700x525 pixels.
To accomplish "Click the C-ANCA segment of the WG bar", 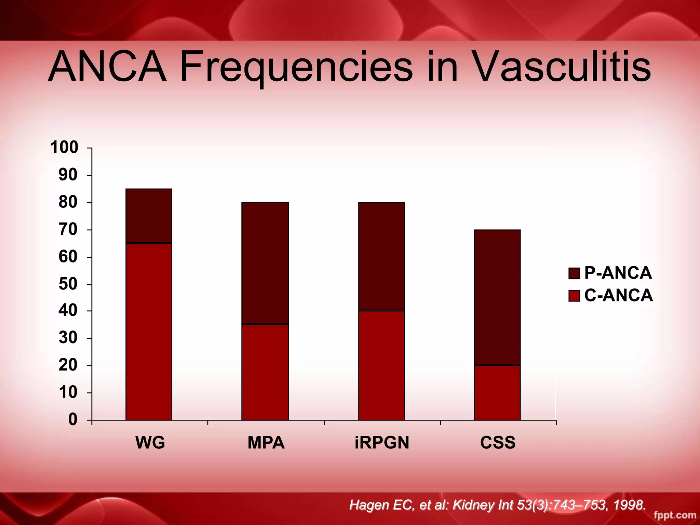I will [x=149, y=331].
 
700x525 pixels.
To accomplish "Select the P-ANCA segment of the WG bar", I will [x=149, y=216].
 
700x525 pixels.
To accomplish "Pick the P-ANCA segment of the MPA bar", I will [x=265, y=263].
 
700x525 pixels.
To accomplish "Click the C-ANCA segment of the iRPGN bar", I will [x=381, y=365].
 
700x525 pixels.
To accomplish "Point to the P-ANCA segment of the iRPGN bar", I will [x=381, y=256].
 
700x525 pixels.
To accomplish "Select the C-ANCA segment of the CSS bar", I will [x=497, y=392].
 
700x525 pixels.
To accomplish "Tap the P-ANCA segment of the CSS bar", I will [x=497, y=297].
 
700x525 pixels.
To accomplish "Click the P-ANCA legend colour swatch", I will [x=574, y=273].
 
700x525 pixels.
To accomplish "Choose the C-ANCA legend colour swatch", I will [x=574, y=296].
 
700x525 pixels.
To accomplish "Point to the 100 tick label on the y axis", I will [x=64, y=148].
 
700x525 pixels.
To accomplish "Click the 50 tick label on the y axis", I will [x=68, y=284].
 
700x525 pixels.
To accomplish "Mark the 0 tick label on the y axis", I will [x=73, y=419].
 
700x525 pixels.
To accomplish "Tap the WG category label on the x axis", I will [x=150, y=443].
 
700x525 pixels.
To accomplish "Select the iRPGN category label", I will [x=382, y=443].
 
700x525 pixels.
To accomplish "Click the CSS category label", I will [x=498, y=443].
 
